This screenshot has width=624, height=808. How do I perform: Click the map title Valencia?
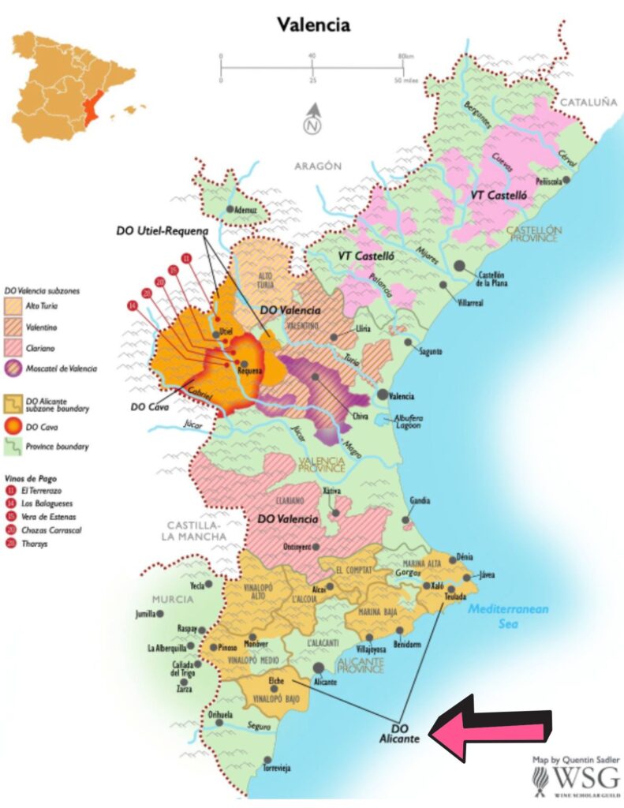tap(313, 24)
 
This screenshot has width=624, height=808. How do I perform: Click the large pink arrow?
tap(490, 728)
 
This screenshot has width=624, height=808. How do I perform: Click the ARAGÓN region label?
tap(318, 166)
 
